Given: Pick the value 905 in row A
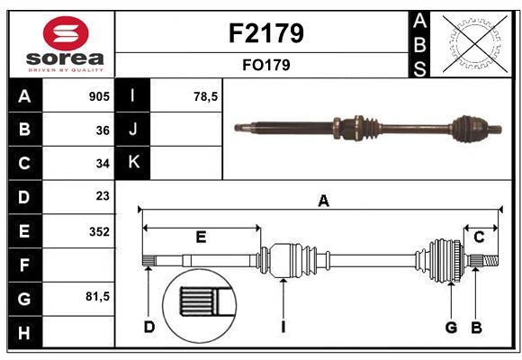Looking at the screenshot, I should (x=99, y=96).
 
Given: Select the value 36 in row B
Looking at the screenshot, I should (x=103, y=130).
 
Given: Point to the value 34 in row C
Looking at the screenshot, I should (x=103, y=163).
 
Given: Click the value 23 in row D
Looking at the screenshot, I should (x=103, y=196).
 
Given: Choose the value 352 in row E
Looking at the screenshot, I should (x=99, y=231).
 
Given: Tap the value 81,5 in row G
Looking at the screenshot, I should (x=97, y=296).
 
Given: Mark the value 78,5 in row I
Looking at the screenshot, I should (x=206, y=96).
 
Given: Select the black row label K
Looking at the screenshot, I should (x=134, y=163).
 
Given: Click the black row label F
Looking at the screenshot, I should (x=24, y=265).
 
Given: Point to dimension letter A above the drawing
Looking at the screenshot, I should (x=323, y=202).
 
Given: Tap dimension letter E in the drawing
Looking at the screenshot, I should (x=201, y=237).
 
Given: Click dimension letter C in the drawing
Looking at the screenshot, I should (x=479, y=237).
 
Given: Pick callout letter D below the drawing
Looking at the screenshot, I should (x=149, y=327).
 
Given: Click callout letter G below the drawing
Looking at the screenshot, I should (x=452, y=327).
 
